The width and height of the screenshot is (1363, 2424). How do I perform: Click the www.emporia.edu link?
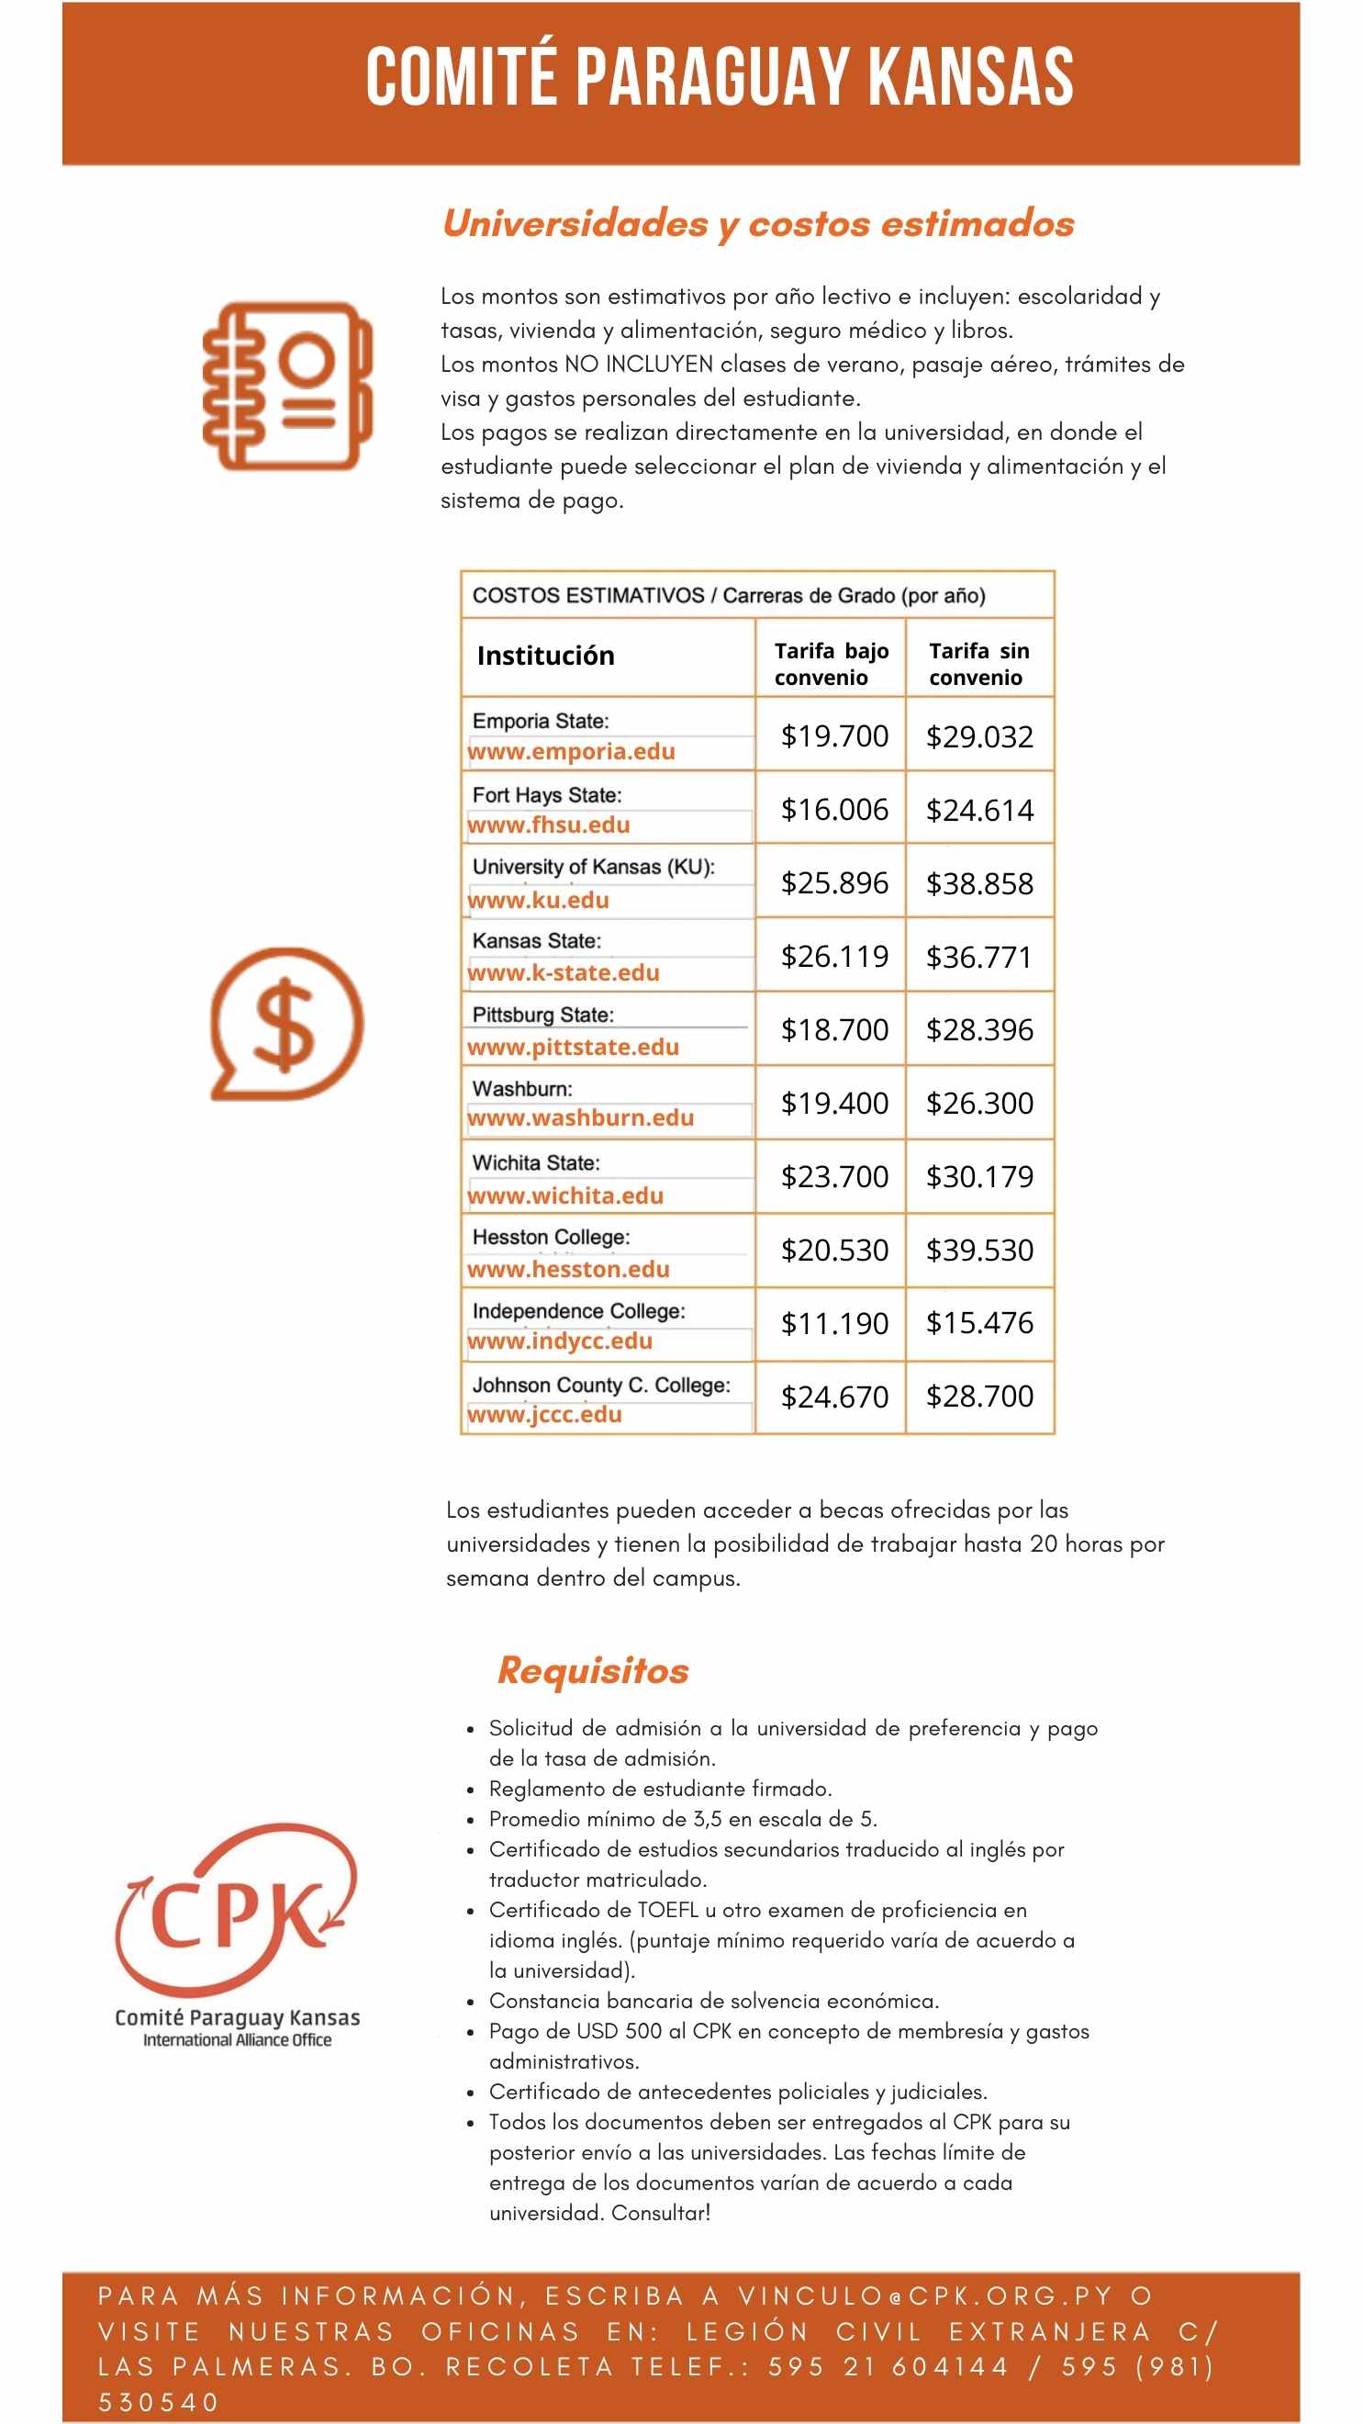click(x=571, y=751)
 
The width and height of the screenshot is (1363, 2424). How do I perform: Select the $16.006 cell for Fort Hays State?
click(x=833, y=809)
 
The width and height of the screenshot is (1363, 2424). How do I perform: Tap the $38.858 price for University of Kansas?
click(x=979, y=883)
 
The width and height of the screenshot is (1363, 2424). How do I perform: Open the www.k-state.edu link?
click(x=564, y=973)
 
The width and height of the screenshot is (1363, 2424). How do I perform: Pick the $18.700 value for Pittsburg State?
click(x=833, y=1029)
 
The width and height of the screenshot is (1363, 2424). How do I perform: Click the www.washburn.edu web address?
click(x=580, y=1118)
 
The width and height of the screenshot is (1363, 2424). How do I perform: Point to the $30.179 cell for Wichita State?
click(x=979, y=1176)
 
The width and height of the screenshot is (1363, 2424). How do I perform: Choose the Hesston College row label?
click(x=552, y=1237)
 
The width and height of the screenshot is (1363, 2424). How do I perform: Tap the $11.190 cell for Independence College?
click(x=833, y=1323)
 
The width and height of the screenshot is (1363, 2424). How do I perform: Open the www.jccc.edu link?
click(x=544, y=1414)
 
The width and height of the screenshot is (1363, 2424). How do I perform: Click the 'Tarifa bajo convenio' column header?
click(x=831, y=664)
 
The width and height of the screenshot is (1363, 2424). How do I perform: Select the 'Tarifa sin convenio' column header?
click(x=978, y=664)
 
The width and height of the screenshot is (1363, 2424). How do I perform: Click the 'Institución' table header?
click(x=545, y=656)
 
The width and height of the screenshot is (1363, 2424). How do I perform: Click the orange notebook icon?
click(x=288, y=386)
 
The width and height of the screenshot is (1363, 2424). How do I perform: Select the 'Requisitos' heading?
click(x=593, y=1670)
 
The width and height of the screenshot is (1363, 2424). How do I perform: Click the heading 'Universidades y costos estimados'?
click(x=757, y=224)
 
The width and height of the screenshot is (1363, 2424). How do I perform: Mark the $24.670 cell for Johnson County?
click(x=833, y=1397)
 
